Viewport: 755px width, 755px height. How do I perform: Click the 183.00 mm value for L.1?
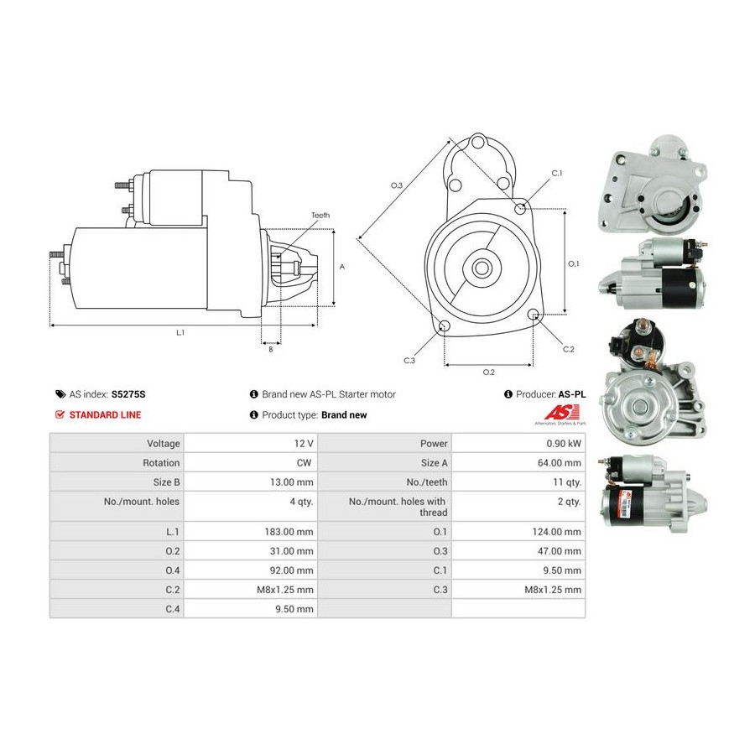click(x=288, y=532)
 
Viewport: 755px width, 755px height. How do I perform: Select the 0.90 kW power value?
click(x=562, y=443)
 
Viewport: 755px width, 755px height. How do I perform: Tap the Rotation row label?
click(x=161, y=462)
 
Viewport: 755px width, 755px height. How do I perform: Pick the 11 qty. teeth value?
click(x=566, y=482)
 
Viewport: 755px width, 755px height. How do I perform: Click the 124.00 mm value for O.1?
click(x=556, y=532)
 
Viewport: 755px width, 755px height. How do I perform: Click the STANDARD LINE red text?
click(x=105, y=414)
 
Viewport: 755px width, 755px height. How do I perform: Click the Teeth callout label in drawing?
click(x=320, y=216)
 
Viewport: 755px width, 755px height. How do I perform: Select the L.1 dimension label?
click(x=180, y=332)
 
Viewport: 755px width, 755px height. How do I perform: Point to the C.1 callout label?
click(x=556, y=174)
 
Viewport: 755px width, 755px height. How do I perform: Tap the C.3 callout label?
click(x=409, y=360)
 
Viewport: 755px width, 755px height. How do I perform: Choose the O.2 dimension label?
click(x=488, y=372)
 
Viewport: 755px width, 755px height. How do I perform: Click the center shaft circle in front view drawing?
click(x=482, y=268)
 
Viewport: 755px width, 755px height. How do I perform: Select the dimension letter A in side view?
click(x=341, y=267)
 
